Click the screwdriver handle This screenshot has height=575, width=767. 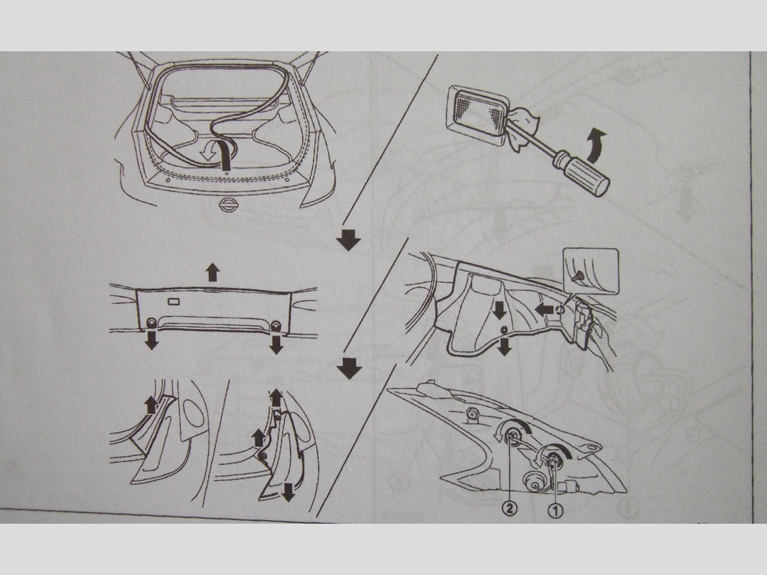click(x=581, y=174)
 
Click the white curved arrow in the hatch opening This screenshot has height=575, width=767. click(x=210, y=150)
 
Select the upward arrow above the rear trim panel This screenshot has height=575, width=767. click(x=212, y=272)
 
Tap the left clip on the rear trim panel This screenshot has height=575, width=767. click(x=151, y=323)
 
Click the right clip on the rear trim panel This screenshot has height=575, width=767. click(x=276, y=326)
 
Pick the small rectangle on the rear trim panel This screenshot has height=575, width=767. click(x=174, y=301)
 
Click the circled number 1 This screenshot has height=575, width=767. click(x=555, y=511)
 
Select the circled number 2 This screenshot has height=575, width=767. click(x=509, y=509)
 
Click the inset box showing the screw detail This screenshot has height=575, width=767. click(x=591, y=271)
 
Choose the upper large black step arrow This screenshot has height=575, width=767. click(x=348, y=240)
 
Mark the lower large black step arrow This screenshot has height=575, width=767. click(x=349, y=368)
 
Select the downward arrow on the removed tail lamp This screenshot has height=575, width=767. click(x=289, y=491)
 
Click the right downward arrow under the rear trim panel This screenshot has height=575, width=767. click(x=276, y=344)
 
